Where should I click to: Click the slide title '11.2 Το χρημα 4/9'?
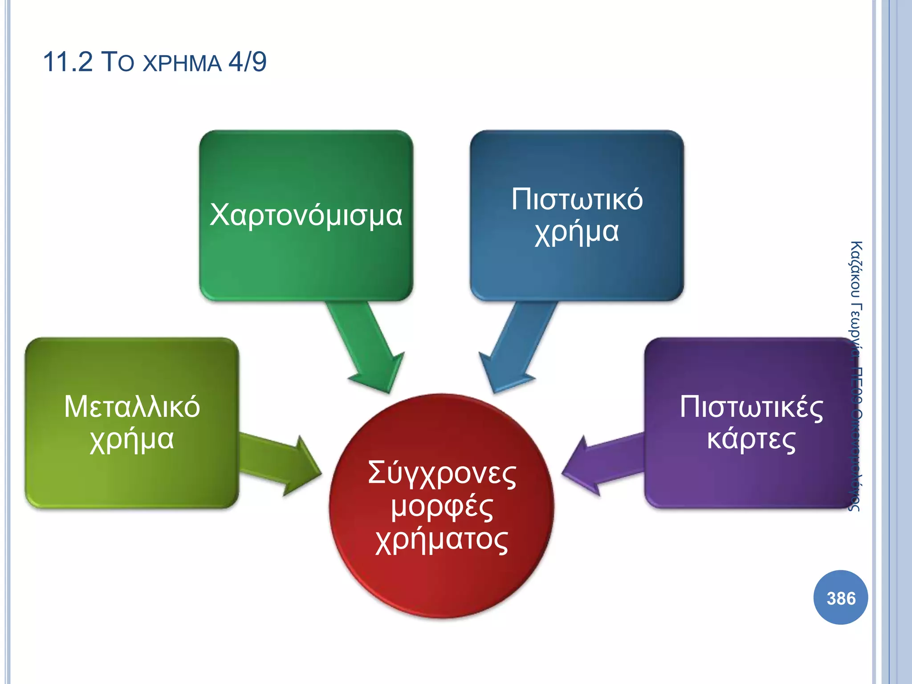click(x=155, y=62)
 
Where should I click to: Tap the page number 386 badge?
click(x=840, y=598)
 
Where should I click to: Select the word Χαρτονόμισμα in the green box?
click(x=306, y=215)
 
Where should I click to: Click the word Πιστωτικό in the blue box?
click(x=577, y=199)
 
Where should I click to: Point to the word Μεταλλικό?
click(x=132, y=407)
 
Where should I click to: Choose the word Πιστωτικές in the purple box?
click(x=751, y=407)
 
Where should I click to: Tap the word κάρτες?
click(x=751, y=440)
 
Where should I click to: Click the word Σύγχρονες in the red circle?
click(x=442, y=473)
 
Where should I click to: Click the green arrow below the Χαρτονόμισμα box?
click(x=367, y=347)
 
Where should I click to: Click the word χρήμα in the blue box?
click(x=577, y=232)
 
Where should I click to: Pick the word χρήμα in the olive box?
click(x=132, y=440)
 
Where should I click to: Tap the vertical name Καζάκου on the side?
click(x=855, y=269)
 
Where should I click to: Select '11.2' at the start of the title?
click(x=68, y=62)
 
